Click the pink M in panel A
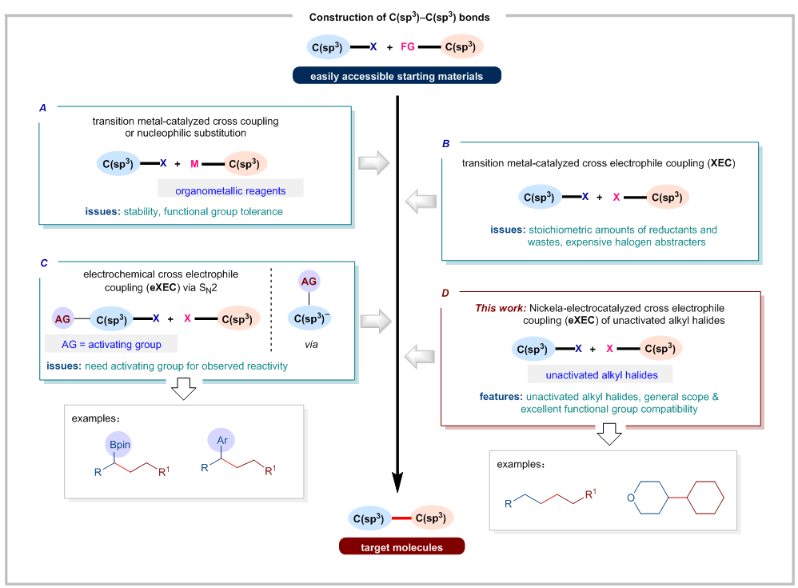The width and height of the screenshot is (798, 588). point(193,163)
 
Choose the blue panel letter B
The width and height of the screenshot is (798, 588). point(446,144)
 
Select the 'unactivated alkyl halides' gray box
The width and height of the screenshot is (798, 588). point(600,374)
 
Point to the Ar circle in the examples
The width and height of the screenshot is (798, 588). point(220,439)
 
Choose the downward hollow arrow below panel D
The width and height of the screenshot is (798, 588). point(608,434)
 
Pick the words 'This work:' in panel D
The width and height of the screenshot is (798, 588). point(500,308)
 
